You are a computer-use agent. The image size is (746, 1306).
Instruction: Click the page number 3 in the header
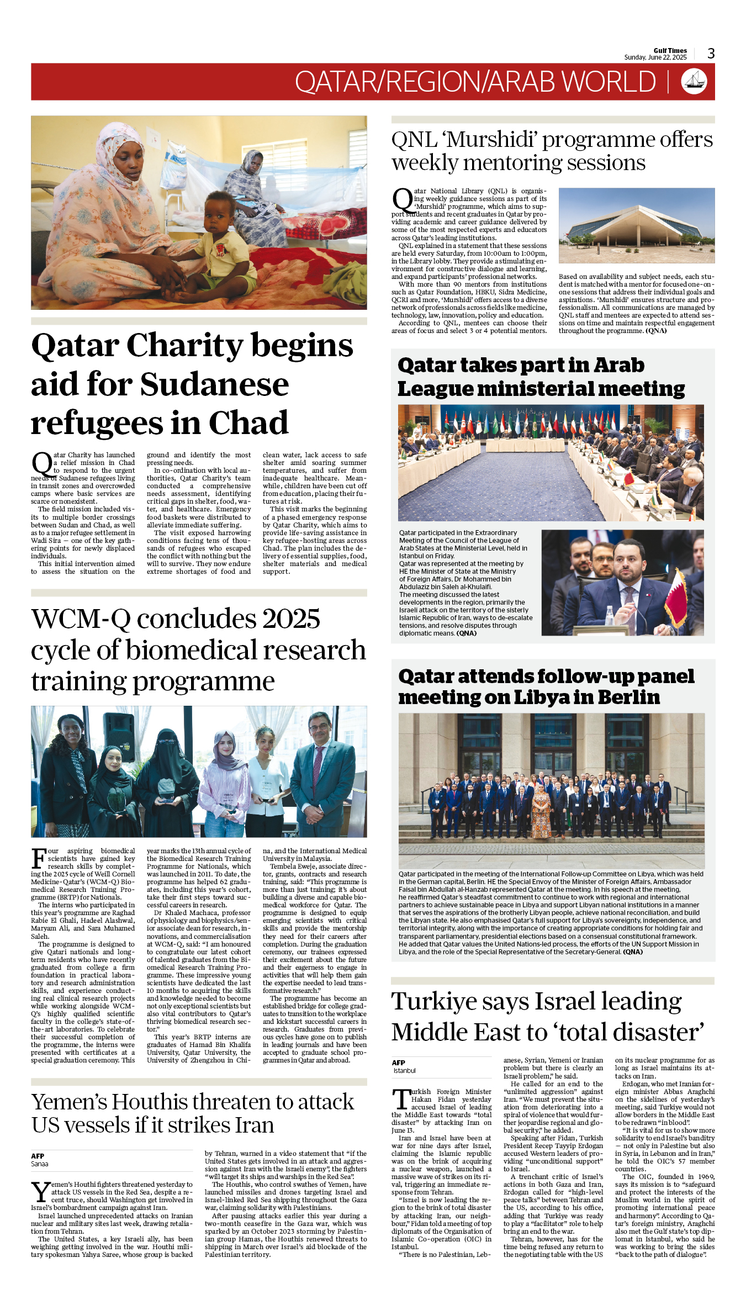[711, 54]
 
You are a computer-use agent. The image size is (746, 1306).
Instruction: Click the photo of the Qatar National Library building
[636, 225]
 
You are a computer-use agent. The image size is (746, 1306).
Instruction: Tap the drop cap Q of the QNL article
[403, 200]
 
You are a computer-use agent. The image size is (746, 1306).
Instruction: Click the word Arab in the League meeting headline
[619, 366]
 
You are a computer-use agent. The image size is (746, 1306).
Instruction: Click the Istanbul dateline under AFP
[404, 1071]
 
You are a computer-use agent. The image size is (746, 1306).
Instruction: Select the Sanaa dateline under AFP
[40, 1164]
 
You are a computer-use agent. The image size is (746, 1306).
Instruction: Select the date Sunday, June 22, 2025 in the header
[655, 57]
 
